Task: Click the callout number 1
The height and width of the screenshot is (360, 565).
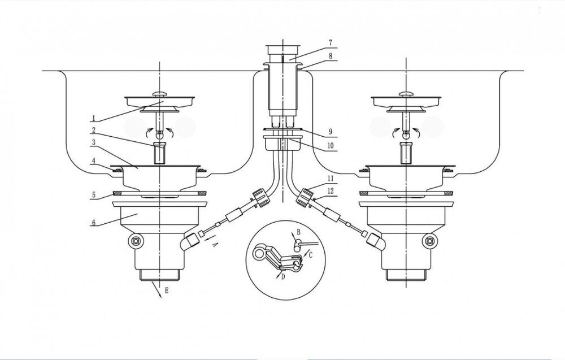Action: pos(93,118)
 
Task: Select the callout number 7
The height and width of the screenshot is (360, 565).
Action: pos(330,42)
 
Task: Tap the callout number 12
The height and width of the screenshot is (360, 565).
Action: pos(331,191)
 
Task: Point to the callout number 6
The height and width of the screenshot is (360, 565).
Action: pos(94,222)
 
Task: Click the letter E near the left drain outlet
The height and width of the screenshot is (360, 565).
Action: pos(166,290)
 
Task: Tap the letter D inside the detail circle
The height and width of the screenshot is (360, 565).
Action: pos(283,277)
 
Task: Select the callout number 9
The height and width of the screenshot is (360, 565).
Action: pos(331,132)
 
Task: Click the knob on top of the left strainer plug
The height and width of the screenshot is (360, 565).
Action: pos(160,94)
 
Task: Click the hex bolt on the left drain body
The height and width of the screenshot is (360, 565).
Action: pos(136,240)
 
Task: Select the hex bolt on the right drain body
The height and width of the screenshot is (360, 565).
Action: pos(429,240)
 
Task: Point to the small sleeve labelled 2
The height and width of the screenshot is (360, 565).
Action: pos(159,154)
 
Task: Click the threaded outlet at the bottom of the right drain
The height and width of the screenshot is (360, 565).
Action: pos(406,275)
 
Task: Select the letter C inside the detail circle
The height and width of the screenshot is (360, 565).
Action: pos(311,255)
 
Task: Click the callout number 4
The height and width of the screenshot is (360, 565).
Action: pos(94,161)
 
